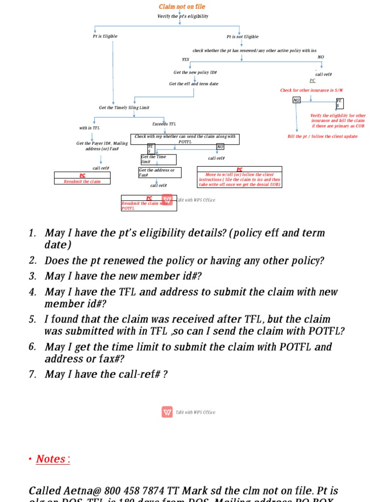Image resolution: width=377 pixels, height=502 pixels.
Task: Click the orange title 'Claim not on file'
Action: [x=182, y=7]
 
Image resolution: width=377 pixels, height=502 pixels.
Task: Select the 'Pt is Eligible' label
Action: [x=105, y=36]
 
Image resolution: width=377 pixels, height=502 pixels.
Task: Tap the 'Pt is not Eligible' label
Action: [x=242, y=37]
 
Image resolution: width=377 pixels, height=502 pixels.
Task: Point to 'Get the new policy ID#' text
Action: [x=195, y=73]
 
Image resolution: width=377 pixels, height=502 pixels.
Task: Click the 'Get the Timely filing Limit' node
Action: [x=124, y=108]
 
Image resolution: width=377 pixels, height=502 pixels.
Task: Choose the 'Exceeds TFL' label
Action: [x=164, y=124]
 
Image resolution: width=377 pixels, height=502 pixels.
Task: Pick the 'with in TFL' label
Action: [x=89, y=128]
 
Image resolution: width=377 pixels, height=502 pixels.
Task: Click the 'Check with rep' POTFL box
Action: [x=185, y=139]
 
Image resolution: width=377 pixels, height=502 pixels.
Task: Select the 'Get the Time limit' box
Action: [x=158, y=159]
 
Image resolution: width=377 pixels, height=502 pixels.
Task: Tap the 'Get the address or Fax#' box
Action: [x=160, y=173]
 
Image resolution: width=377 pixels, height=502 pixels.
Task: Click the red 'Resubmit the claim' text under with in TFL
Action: [x=82, y=181]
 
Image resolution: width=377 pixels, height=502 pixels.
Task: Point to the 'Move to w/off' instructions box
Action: [x=240, y=177]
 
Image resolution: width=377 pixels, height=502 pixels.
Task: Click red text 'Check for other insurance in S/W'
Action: [x=311, y=90]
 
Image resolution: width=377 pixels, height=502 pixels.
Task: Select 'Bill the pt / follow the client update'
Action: [x=323, y=136]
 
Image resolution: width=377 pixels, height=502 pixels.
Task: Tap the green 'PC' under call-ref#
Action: [x=313, y=80]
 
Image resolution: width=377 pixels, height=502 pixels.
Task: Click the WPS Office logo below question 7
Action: [x=167, y=412]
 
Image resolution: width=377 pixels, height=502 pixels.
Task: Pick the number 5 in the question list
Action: [x=32, y=319]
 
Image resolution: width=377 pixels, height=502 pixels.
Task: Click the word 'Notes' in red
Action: [x=51, y=459]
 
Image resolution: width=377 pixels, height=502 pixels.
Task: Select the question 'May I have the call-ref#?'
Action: [x=107, y=375]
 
